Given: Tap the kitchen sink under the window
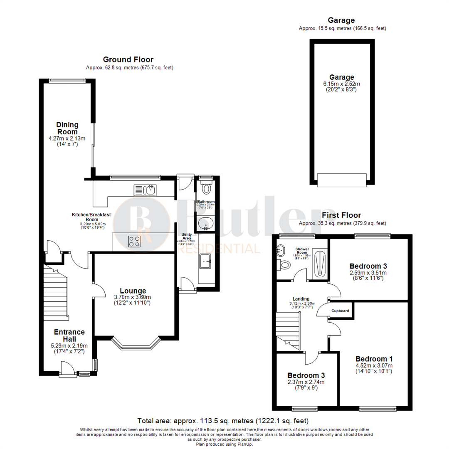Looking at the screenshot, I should pyautogui.click(x=145, y=190).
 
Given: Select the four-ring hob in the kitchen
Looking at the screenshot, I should pyautogui.click(x=134, y=242).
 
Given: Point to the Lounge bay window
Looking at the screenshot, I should pyautogui.click(x=136, y=343).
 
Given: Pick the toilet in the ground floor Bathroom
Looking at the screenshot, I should pyautogui.click(x=205, y=190).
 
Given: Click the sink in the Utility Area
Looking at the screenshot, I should pyautogui.click(x=206, y=262).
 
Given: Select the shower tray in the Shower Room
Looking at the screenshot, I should pyautogui.click(x=319, y=263).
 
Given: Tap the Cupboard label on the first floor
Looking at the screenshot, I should pyautogui.click(x=340, y=311).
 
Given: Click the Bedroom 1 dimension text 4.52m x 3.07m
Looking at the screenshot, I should pyautogui.click(x=374, y=366).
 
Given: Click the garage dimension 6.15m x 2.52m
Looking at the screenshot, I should pyautogui.click(x=341, y=84).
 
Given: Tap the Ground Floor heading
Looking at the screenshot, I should pyautogui.click(x=128, y=60).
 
